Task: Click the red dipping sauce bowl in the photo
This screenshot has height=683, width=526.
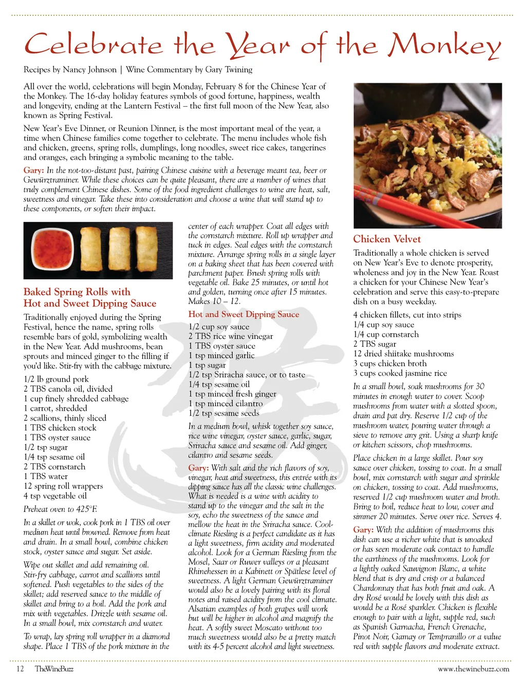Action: [52, 250]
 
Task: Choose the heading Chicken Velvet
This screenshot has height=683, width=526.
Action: [386, 239]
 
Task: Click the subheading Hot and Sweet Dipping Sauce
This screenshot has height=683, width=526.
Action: [243, 314]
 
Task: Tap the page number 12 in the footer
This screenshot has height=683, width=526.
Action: [20, 669]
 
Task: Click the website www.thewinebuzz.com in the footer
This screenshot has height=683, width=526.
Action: [473, 669]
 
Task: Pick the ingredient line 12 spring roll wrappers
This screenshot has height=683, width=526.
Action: [63, 486]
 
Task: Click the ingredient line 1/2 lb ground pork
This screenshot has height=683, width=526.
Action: [56, 379]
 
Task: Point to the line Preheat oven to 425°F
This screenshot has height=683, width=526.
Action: [60, 509]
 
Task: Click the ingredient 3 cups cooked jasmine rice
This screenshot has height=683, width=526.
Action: [400, 373]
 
